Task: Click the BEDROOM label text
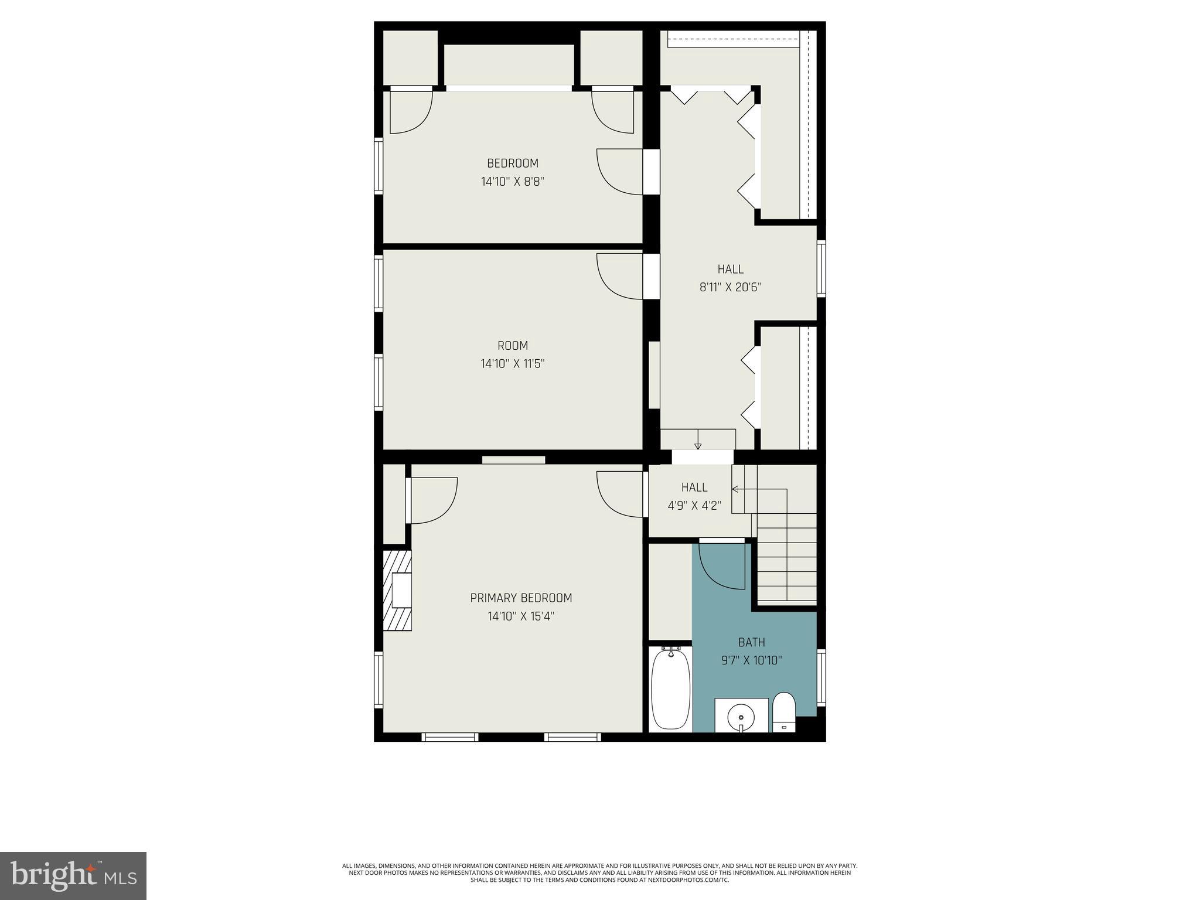[x=512, y=163]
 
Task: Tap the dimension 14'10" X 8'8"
[x=512, y=182]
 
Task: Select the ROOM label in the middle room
[x=512, y=346]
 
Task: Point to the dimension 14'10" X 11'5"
[x=512, y=364]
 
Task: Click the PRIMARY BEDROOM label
[x=521, y=598]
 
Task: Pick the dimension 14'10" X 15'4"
[x=521, y=616]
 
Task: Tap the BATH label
[x=751, y=642]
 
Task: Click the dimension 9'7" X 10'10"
[x=751, y=660]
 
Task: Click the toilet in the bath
[x=783, y=711]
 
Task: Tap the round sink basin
[x=741, y=716]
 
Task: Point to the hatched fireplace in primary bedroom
[x=397, y=590]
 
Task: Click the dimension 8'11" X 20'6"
[x=730, y=288]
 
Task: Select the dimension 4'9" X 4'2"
[x=694, y=506]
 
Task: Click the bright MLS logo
[x=73, y=875]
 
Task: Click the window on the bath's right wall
[x=821, y=677]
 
